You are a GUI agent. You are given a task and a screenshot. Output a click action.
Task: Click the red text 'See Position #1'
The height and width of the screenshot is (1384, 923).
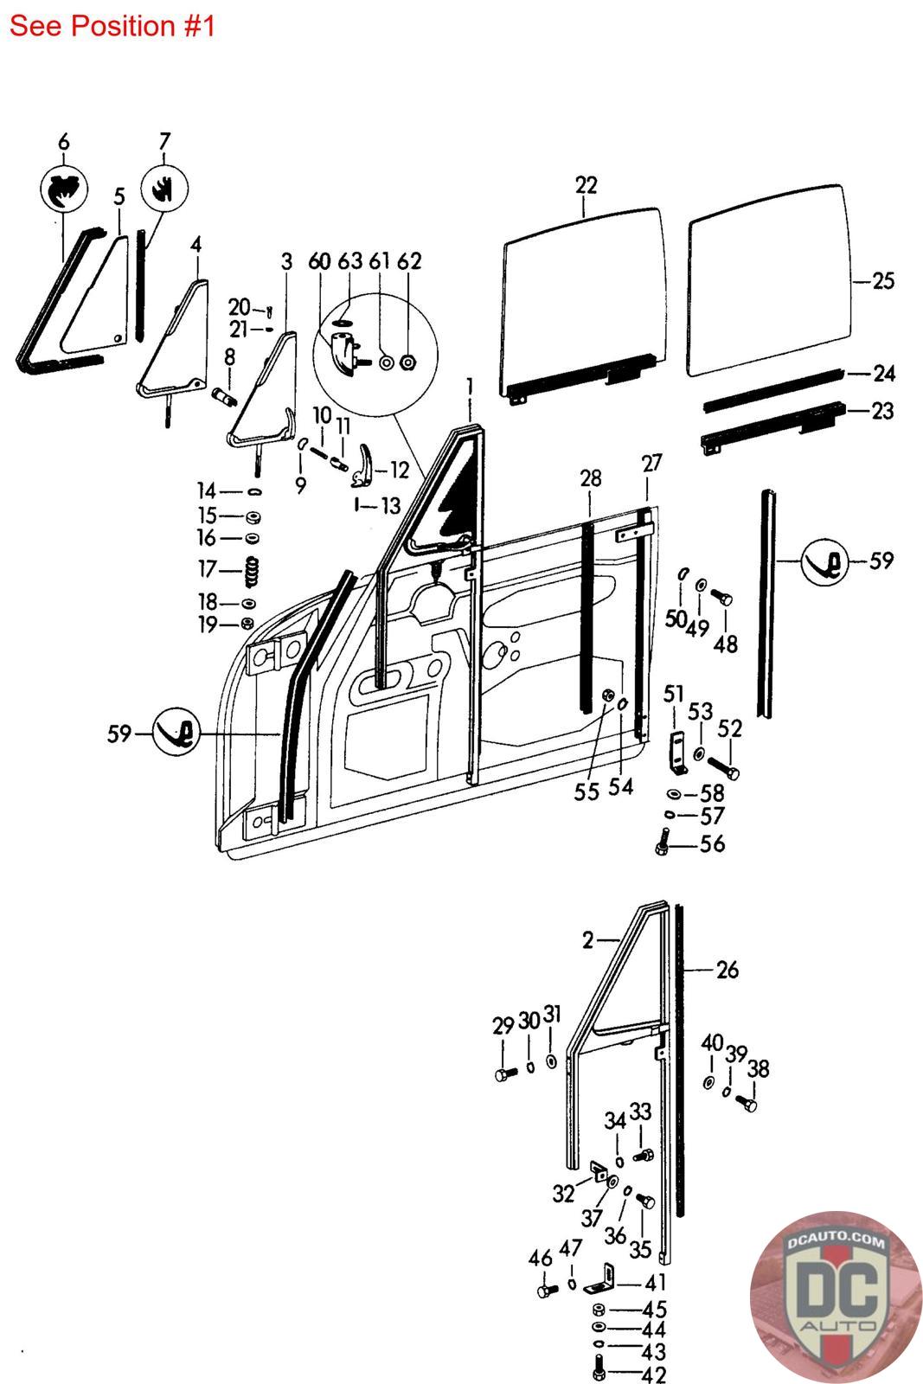point(112,26)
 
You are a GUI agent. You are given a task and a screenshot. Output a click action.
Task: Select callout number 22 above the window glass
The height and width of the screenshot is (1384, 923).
point(586,185)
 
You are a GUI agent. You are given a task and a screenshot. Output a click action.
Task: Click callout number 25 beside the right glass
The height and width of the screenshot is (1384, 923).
point(882,281)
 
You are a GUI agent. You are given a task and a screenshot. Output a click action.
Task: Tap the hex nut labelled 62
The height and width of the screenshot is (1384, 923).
point(408,360)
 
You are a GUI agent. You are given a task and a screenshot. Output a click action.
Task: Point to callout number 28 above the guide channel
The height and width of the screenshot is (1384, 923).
point(591,478)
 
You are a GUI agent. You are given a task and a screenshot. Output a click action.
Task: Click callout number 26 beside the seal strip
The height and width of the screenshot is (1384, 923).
point(728,970)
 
